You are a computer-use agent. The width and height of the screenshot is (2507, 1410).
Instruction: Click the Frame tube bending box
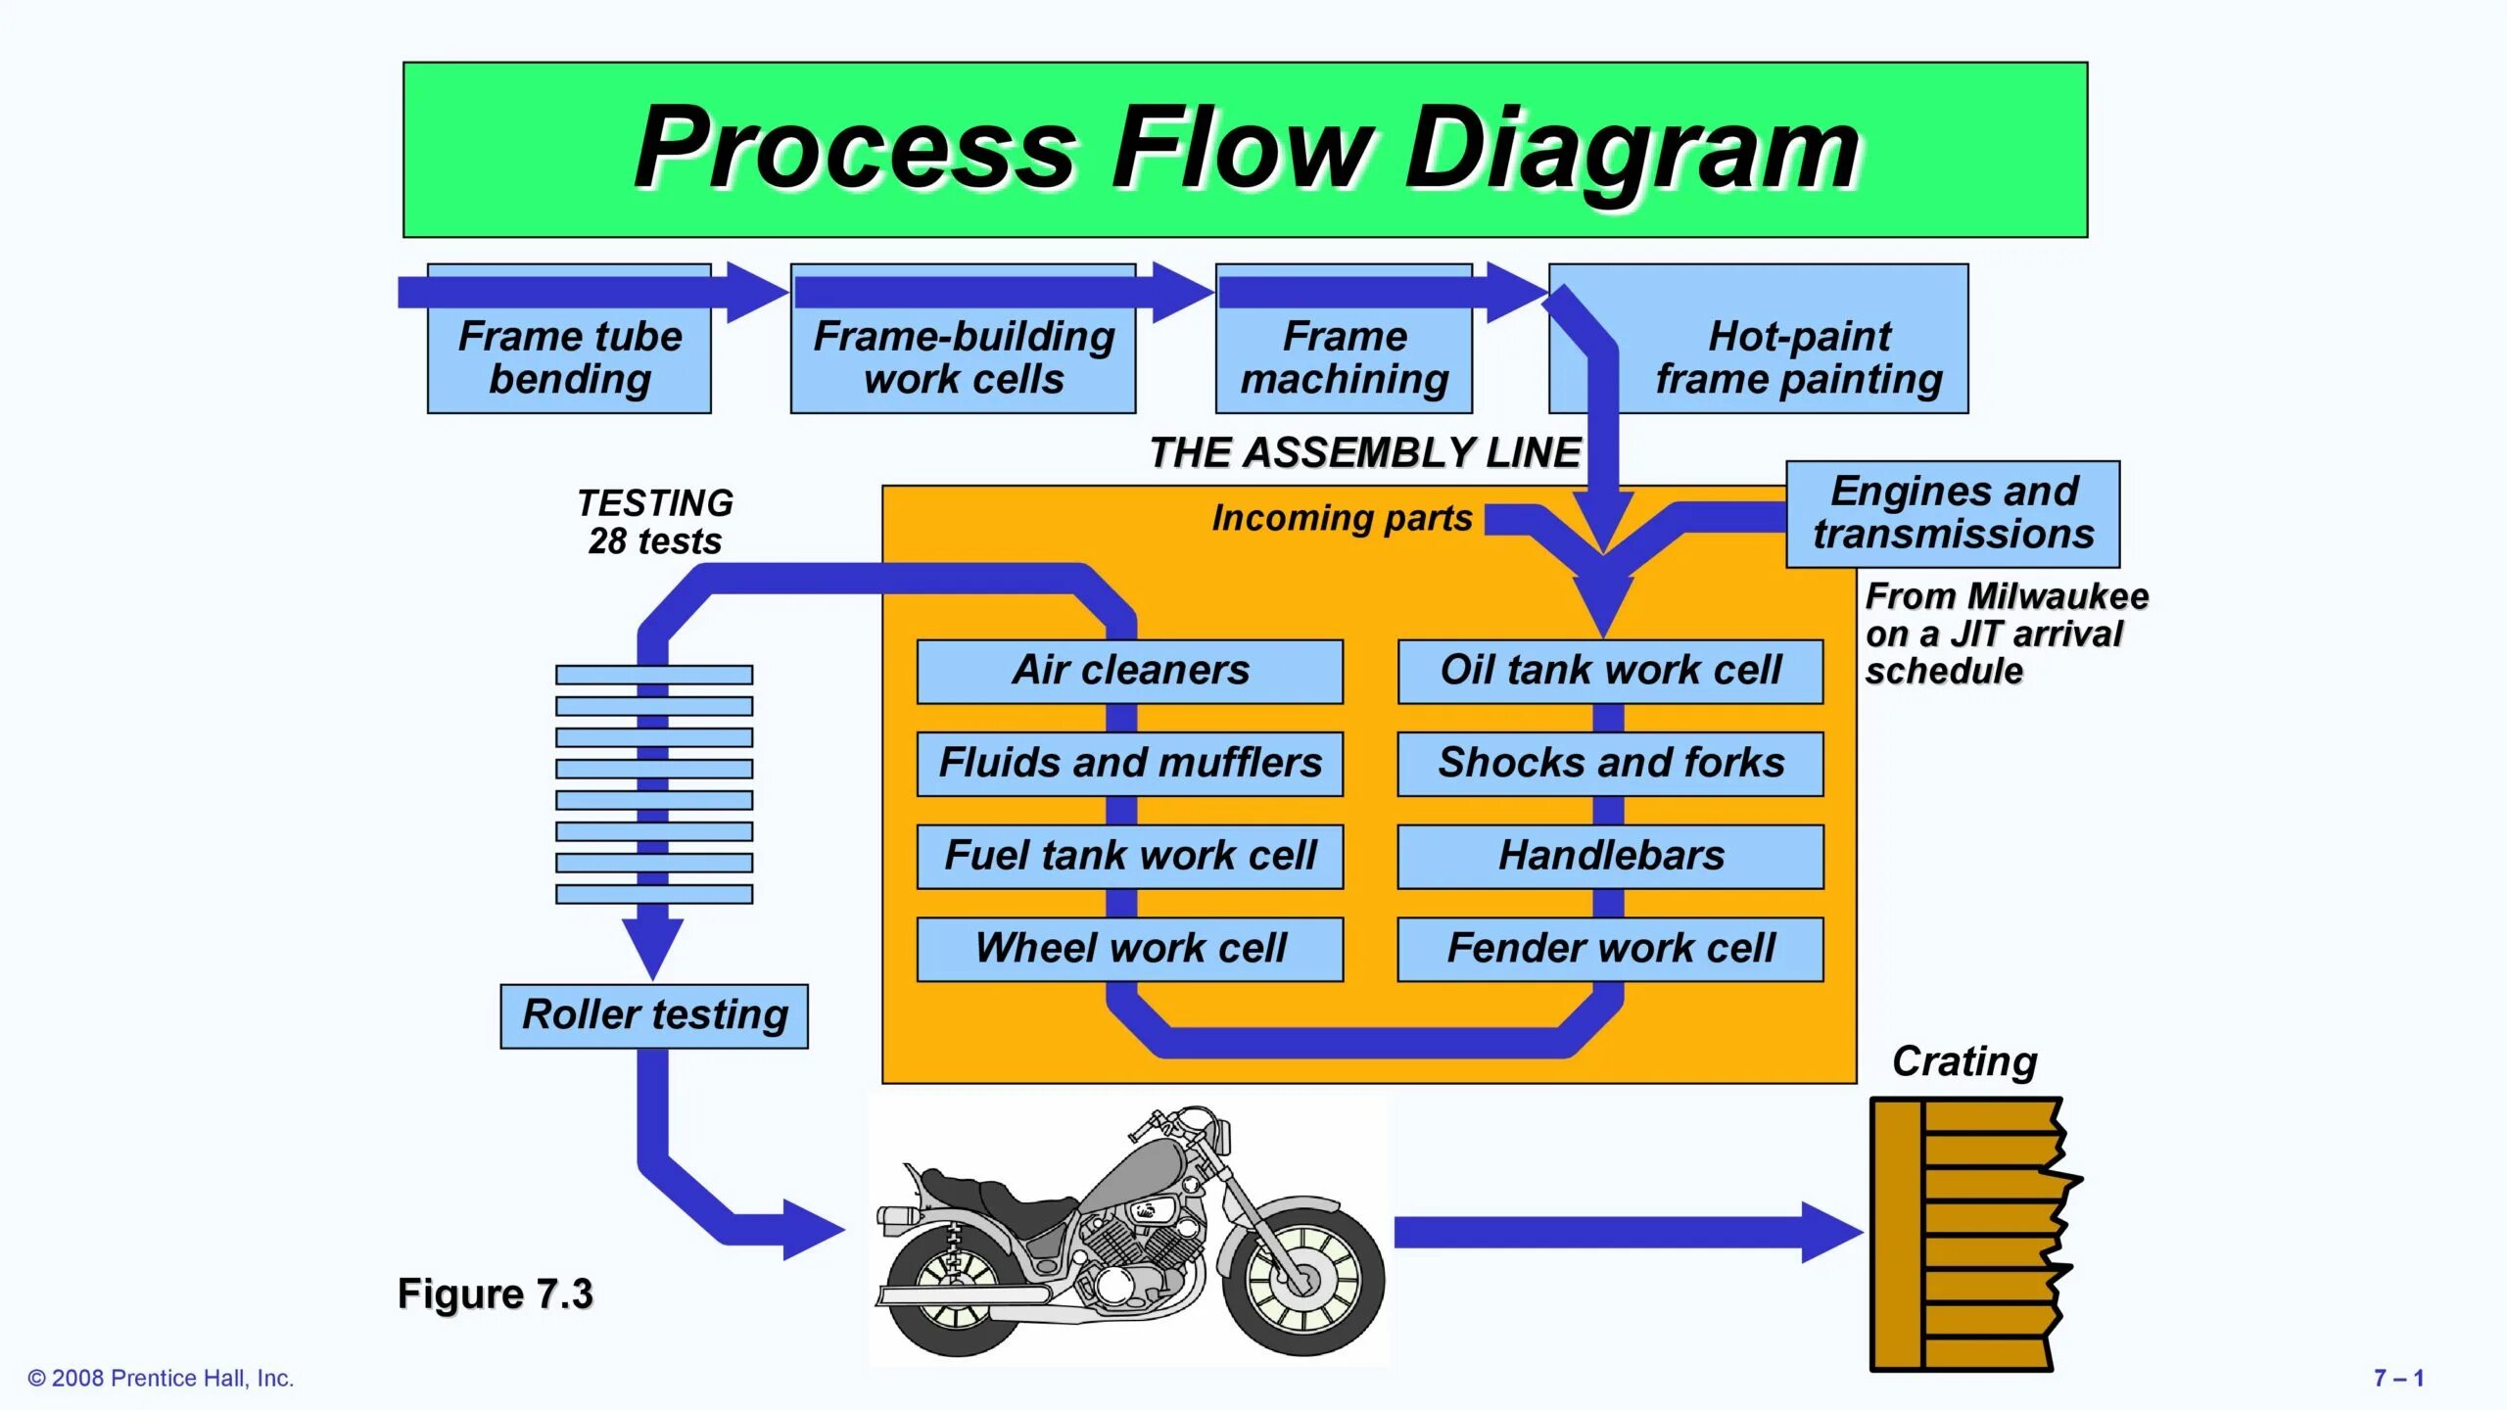(569, 339)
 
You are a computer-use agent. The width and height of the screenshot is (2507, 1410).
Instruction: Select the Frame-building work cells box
(964, 339)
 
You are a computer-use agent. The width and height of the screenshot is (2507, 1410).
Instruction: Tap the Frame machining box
(1345, 339)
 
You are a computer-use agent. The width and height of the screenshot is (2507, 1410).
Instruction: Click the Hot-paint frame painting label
(1799, 357)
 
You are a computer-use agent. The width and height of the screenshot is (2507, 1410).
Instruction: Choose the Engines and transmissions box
(1954, 514)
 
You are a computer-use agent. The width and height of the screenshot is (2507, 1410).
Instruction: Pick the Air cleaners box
(1130, 672)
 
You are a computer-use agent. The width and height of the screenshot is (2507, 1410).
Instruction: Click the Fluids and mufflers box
(1130, 764)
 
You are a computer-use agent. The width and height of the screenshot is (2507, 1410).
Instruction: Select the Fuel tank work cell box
(1130, 857)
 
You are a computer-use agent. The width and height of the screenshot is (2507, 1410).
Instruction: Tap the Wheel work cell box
(1130, 949)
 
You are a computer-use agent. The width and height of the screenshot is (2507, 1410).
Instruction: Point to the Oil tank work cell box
(1611, 672)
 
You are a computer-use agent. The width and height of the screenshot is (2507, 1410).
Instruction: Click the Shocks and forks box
(1611, 764)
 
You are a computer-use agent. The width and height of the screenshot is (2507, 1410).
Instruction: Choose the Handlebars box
(1611, 857)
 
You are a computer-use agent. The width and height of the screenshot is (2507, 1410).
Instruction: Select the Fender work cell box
(1611, 949)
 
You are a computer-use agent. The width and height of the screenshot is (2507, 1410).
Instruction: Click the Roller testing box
(654, 1016)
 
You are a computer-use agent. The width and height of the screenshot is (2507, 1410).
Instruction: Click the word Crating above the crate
(1964, 1062)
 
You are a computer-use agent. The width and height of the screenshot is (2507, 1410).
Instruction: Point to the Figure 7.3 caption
(495, 1294)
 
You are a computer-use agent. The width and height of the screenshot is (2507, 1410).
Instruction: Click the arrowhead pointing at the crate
(1832, 1233)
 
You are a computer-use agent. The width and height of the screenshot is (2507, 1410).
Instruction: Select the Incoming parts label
(1342, 519)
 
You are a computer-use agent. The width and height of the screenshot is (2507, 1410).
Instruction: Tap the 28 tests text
(654, 541)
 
